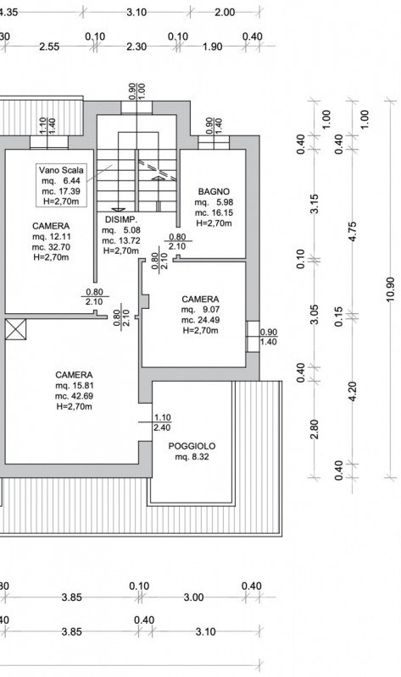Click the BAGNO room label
click(x=214, y=191)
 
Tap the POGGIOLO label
click(x=192, y=446)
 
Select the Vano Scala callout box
click(x=61, y=185)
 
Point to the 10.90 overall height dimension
click(x=391, y=289)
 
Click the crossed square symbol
click(x=15, y=329)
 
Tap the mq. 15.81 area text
click(x=74, y=386)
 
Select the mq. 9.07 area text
click(x=200, y=310)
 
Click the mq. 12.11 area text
click(x=51, y=237)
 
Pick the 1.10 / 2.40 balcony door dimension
click(x=162, y=422)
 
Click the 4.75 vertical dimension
click(x=353, y=231)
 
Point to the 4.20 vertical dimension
click(x=353, y=392)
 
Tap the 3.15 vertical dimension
click(x=315, y=204)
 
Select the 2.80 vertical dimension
click(x=315, y=429)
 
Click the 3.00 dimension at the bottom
click(x=193, y=597)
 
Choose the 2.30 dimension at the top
click(x=136, y=47)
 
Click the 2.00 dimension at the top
click(x=225, y=12)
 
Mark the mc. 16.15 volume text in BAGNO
click(x=214, y=213)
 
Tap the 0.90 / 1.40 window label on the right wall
click(x=269, y=337)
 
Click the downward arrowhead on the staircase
click(x=115, y=209)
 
